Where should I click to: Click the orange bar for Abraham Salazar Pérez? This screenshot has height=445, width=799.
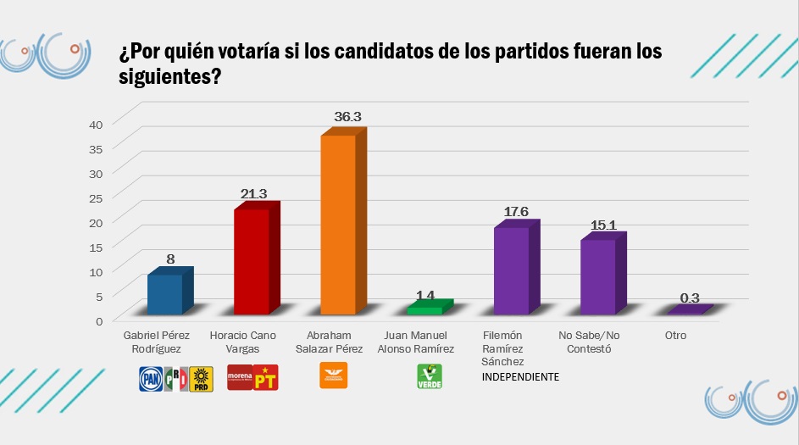pyautogui.click(x=337, y=225)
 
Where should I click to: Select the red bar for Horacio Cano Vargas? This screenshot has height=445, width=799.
pyautogui.click(x=251, y=261)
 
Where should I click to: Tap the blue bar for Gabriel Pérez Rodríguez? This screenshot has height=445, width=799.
pyautogui.click(x=164, y=294)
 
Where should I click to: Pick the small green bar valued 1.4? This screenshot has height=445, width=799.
pyautogui.click(x=424, y=310)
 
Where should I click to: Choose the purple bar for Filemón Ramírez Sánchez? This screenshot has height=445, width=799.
pyautogui.click(x=511, y=270)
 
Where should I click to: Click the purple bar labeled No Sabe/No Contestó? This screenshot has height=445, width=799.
pyautogui.click(x=597, y=276)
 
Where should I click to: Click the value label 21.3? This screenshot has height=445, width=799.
pyautogui.click(x=253, y=194)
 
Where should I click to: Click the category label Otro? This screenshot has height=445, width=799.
pyautogui.click(x=675, y=336)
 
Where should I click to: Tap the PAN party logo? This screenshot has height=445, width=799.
pyautogui.click(x=150, y=378)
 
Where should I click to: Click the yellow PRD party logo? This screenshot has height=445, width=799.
pyautogui.click(x=201, y=378)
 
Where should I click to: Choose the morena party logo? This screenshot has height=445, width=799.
pyautogui.click(x=240, y=377)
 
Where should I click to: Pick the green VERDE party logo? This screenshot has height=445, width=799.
pyautogui.click(x=430, y=377)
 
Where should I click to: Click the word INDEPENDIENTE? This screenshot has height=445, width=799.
pyautogui.click(x=520, y=376)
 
